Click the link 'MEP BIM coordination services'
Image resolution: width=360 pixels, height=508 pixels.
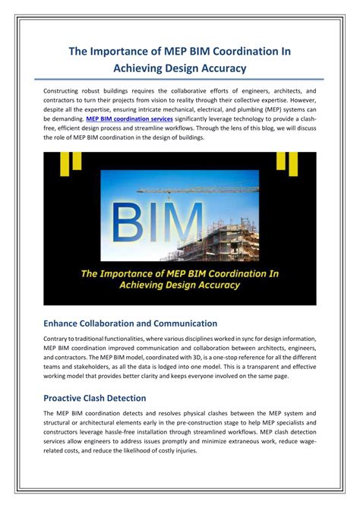point(130,119)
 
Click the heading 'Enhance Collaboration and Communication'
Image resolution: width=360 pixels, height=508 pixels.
point(131,323)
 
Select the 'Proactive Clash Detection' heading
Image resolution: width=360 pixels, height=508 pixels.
point(95,398)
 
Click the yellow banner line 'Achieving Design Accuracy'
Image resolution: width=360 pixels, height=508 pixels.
point(180,286)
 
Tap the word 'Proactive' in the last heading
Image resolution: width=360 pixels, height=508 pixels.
point(68,398)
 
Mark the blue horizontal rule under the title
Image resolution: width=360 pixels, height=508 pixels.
point(180,78)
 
